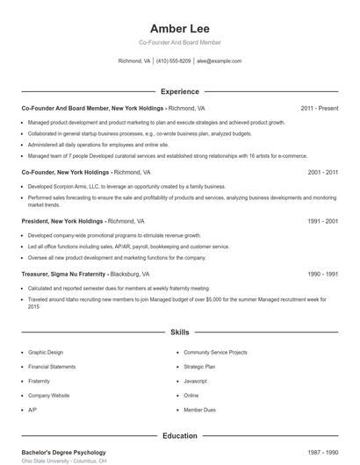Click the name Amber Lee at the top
(x=179, y=28)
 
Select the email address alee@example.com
(x=219, y=61)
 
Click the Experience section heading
(x=179, y=91)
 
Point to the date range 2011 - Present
(x=319, y=108)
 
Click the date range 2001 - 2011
(x=322, y=173)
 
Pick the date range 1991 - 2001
(x=322, y=222)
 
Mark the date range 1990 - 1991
(x=322, y=274)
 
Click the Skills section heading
(x=179, y=333)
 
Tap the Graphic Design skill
(x=46, y=352)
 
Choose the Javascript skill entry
(x=196, y=381)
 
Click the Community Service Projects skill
(x=215, y=352)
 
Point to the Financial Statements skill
(x=52, y=367)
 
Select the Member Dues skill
(x=199, y=410)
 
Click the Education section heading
(x=179, y=435)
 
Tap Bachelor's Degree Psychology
(x=63, y=453)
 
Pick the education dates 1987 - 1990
(x=322, y=453)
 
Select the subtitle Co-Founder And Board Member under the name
(x=179, y=42)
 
